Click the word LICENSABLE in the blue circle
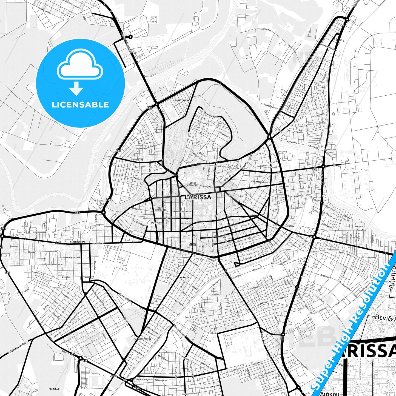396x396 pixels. click(80, 105)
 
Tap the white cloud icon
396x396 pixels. click(80, 65)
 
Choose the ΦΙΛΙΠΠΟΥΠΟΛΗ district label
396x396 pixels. click(78, 242)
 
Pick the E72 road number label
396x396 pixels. click(73, 354)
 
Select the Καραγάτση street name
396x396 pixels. click(297, 196)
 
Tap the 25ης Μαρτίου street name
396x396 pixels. click(257, 182)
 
